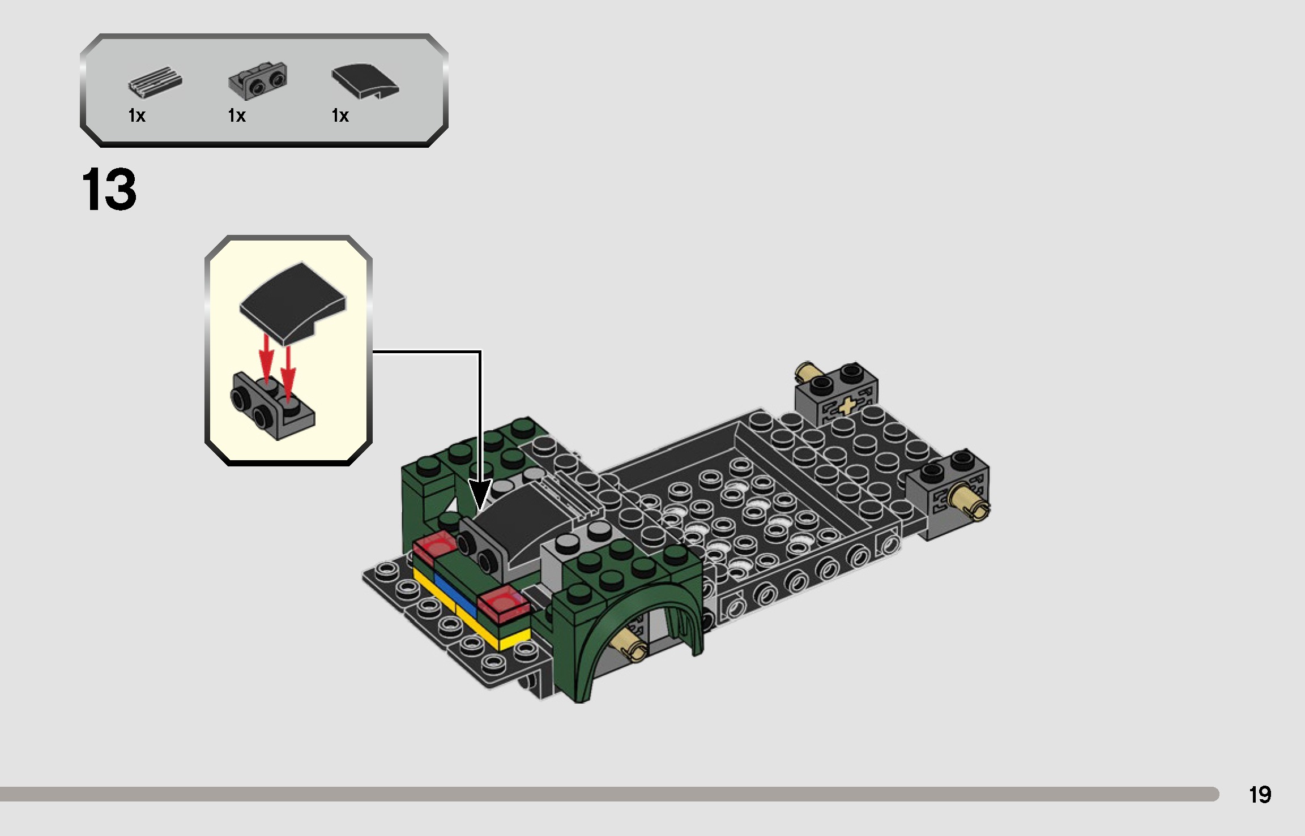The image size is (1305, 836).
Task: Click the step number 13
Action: (109, 190)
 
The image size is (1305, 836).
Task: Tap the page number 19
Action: (1260, 795)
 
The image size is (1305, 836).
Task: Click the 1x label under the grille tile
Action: (137, 116)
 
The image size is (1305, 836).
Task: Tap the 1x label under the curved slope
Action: (340, 116)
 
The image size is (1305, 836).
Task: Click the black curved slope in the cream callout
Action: (292, 300)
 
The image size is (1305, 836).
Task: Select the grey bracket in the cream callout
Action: (272, 408)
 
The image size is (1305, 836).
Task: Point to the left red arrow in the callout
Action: (266, 357)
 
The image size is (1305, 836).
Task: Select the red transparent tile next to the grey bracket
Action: (434, 545)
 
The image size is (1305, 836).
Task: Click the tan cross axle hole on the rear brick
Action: (847, 406)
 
